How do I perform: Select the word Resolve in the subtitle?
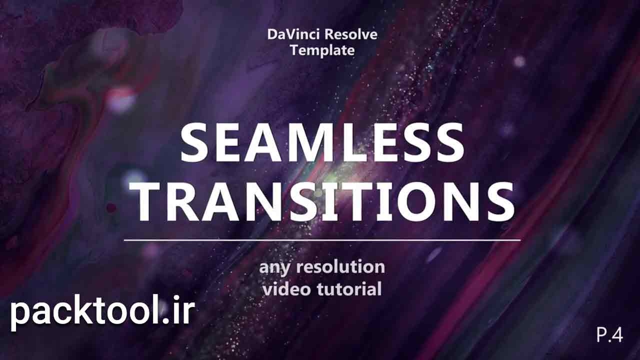pos(351,34)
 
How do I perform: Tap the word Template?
pos(322,50)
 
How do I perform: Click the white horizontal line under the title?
pos(322,240)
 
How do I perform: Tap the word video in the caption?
pos(287,288)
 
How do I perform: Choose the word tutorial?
pos(349,288)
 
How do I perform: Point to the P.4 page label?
pos(609,334)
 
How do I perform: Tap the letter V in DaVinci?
pos(293,34)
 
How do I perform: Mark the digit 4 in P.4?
pos(617,334)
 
